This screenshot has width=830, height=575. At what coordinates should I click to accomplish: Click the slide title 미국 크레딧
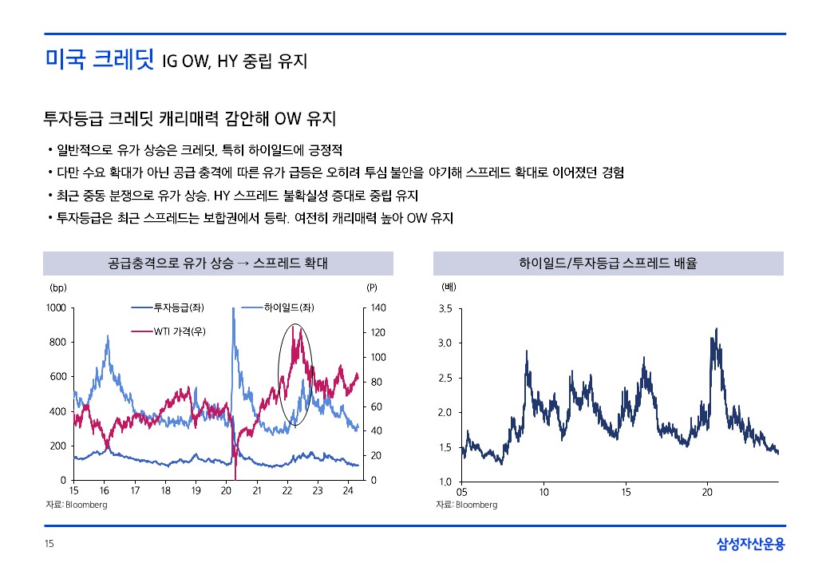(99, 60)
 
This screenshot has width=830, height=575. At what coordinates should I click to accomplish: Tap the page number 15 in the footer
(49, 545)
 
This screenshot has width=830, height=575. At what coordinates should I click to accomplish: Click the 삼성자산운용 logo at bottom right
(750, 545)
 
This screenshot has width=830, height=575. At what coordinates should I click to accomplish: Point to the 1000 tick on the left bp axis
(56, 308)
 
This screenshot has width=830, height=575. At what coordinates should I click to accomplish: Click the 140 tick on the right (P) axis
(378, 308)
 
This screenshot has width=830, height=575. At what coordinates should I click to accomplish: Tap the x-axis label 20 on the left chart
(227, 491)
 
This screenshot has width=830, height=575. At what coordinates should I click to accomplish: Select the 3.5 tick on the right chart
(447, 309)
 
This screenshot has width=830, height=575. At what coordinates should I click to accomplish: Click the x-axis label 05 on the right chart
(462, 491)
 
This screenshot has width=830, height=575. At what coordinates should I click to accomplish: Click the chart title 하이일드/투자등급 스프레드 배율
(607, 264)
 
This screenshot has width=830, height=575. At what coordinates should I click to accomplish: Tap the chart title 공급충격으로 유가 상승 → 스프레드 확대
(217, 264)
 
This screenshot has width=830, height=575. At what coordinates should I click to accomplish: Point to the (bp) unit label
(57, 287)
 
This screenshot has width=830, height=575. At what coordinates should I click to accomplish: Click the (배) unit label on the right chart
(448, 286)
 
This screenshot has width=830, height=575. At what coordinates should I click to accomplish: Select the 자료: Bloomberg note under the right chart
(467, 505)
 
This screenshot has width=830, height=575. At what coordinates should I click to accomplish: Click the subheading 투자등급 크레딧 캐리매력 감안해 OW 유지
(189, 120)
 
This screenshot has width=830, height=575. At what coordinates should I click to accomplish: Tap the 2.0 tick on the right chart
(447, 413)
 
